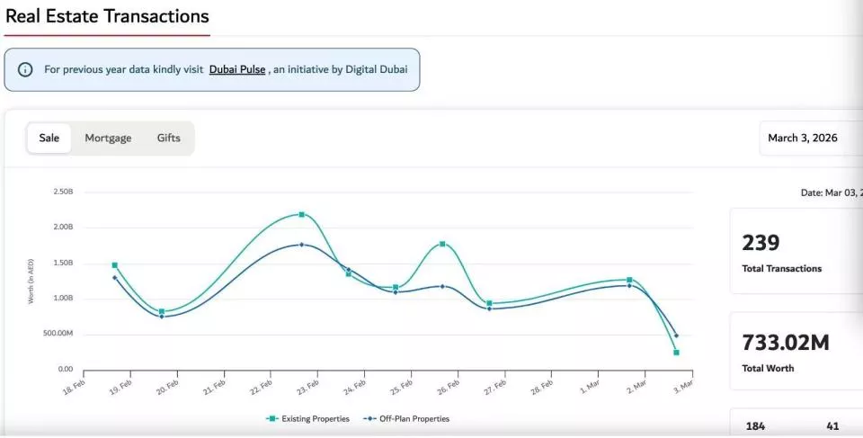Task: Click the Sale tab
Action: [x=49, y=138]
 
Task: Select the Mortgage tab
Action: [x=108, y=138]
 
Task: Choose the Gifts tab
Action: [x=168, y=138]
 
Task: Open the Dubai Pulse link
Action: [x=237, y=69]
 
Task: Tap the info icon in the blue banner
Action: [x=25, y=69]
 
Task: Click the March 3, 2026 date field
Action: [x=803, y=138]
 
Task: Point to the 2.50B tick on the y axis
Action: [x=63, y=192]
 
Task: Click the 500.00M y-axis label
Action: [x=58, y=334]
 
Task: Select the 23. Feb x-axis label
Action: [x=307, y=387]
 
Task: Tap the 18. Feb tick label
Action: [x=75, y=387]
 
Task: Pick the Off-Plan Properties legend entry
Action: [x=406, y=419]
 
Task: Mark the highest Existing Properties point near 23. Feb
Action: [x=302, y=214]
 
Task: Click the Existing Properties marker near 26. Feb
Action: [x=442, y=244]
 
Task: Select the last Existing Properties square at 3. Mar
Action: [x=676, y=353]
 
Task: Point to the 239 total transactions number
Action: [x=761, y=243]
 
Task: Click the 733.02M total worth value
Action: [x=785, y=342]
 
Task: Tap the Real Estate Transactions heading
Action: [x=107, y=16]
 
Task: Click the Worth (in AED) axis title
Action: [x=31, y=281]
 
